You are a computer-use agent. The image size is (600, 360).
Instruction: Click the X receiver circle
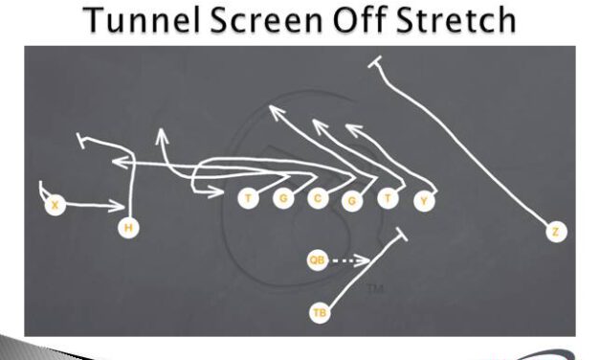pos(56,204)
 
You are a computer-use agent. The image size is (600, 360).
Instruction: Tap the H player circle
pos(127,227)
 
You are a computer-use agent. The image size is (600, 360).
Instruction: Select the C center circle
pos(318,199)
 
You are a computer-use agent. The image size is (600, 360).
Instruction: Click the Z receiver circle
pos(555,231)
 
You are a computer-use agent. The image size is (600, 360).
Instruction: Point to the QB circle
pos(318,259)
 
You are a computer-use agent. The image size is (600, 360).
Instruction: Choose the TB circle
pos(319,312)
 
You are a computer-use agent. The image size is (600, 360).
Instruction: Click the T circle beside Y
pos(388,199)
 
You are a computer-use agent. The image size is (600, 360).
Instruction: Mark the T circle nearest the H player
pos(248,199)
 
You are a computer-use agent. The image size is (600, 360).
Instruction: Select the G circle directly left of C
pos(282,199)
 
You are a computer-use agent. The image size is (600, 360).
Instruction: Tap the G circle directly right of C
pos(352,201)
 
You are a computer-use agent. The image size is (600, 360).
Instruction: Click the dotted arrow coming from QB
pos(352,259)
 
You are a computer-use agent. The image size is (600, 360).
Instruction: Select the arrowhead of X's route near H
pos(122,204)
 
